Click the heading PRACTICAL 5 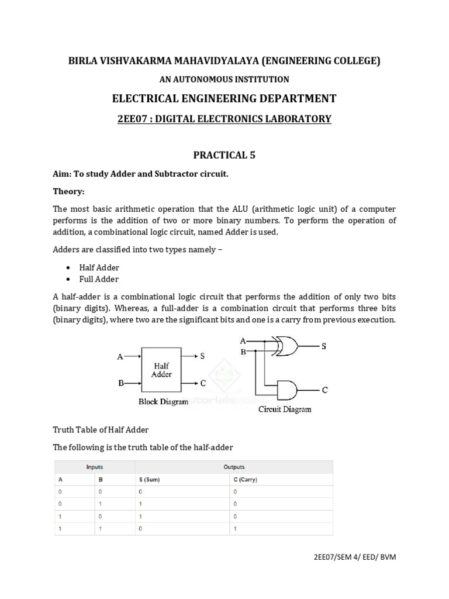224,155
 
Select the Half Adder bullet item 99,267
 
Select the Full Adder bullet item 99,279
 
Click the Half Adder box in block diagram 161,370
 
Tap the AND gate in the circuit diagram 288,389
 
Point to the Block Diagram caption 163,402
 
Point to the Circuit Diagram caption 285,409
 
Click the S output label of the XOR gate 323,346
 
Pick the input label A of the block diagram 120,356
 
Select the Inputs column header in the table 95,467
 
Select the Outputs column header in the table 234,467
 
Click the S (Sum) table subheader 149,480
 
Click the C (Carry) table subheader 244,480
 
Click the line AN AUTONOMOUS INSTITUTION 224,79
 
